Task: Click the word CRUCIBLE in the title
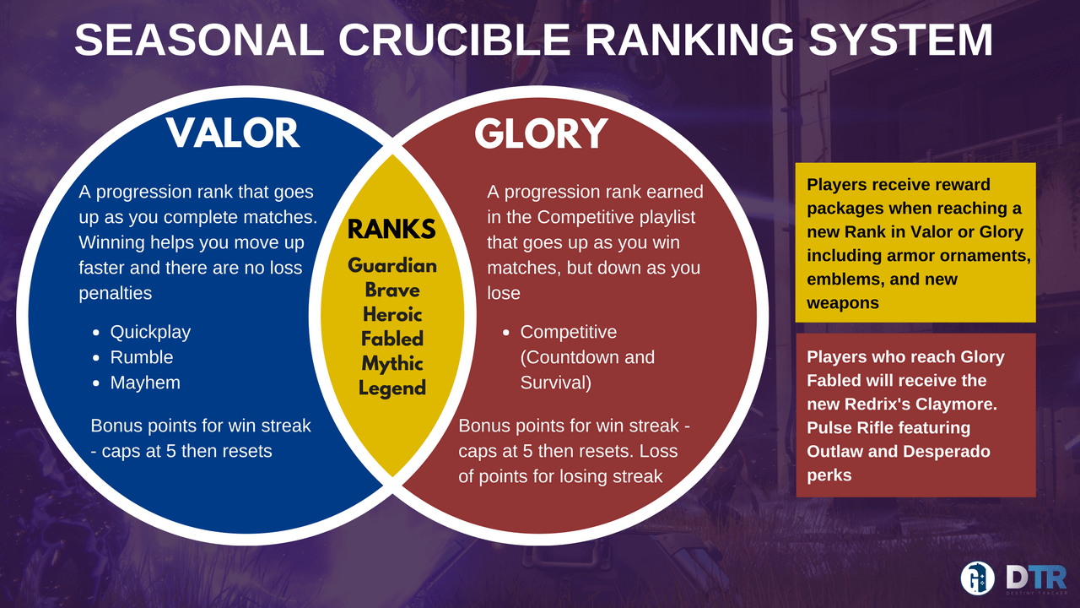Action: coord(455,39)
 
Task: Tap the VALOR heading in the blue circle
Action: coord(233,133)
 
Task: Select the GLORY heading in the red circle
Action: coord(541,133)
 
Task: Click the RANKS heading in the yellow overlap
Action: coord(391,229)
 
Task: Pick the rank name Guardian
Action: coord(392,265)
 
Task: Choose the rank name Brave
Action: coord(392,290)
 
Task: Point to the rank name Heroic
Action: coord(392,315)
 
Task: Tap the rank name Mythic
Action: coord(392,364)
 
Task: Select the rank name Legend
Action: coord(392,388)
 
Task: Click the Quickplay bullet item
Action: coord(150,333)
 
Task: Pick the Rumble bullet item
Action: coord(141,357)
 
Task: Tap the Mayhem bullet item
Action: coord(145,383)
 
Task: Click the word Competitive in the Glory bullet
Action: coord(569,333)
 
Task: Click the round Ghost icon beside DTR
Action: coord(977,578)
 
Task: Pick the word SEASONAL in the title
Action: coord(199,39)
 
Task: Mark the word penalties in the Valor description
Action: coord(116,293)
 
